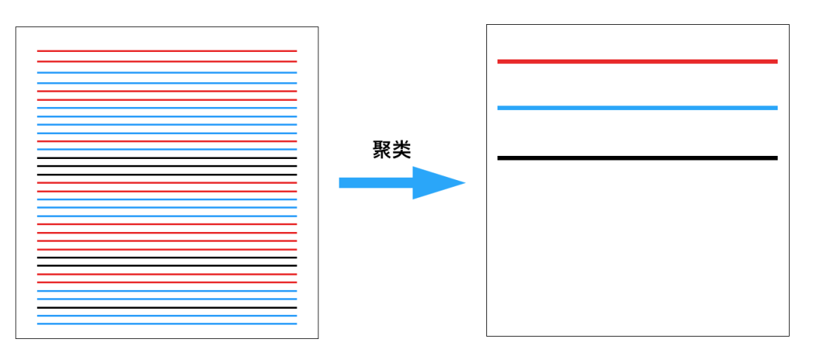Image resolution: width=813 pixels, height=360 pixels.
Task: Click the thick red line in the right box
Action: (x=637, y=61)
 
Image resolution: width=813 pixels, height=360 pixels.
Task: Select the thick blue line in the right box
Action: (x=637, y=108)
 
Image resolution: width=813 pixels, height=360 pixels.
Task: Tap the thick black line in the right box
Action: (x=637, y=158)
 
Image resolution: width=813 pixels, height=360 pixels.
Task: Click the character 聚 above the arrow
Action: (x=382, y=150)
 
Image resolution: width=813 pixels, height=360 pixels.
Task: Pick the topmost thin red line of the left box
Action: (x=166, y=51)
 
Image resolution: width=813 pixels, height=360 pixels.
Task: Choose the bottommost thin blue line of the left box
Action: (x=166, y=324)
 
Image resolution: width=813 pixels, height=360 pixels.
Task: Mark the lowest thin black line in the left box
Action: (x=166, y=307)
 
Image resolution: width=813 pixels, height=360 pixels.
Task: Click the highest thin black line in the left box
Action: (x=166, y=158)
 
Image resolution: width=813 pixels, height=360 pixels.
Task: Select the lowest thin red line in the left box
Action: (x=166, y=282)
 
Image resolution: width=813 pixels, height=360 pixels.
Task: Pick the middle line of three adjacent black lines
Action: (x=166, y=166)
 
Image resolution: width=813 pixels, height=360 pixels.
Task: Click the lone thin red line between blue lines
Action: (x=166, y=141)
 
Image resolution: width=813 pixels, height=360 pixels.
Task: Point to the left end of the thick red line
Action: (x=500, y=61)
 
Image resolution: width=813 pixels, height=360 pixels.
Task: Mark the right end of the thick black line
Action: (x=775, y=158)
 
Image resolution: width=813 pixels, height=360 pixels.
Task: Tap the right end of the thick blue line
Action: (x=775, y=108)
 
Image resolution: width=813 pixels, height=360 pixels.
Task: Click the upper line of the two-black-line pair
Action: (x=166, y=258)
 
